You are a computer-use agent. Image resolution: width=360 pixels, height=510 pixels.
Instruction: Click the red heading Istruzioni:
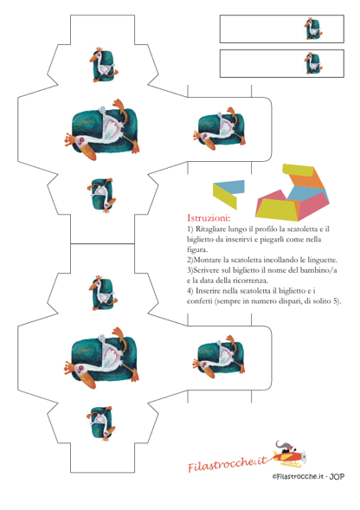(x=209, y=217)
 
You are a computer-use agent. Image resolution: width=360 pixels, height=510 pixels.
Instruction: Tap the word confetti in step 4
(x=199, y=300)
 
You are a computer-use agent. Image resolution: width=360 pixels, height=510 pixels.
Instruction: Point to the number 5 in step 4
(x=336, y=300)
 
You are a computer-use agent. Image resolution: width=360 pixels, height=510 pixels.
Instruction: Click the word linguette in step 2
(x=321, y=260)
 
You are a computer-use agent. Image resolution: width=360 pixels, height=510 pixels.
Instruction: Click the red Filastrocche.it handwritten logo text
(x=227, y=463)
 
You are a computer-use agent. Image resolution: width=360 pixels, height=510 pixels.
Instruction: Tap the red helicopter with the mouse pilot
(x=289, y=454)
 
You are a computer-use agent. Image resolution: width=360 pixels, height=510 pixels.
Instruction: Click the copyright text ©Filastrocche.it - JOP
(x=308, y=476)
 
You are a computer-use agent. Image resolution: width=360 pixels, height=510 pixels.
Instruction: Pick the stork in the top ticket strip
(x=313, y=29)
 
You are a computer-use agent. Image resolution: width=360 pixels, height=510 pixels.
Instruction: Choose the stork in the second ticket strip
(x=313, y=63)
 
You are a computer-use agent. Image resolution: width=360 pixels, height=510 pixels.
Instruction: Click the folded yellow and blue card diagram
(x=228, y=194)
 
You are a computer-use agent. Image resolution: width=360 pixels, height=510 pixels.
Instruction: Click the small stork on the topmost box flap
(x=104, y=65)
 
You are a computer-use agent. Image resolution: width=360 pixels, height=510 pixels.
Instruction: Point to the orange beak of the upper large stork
(x=87, y=152)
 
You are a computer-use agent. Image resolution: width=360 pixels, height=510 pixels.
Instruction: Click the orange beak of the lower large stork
(x=87, y=380)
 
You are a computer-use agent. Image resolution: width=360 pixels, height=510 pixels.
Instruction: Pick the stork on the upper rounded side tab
(x=220, y=128)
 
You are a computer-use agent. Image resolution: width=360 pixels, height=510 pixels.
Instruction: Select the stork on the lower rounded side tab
(x=220, y=357)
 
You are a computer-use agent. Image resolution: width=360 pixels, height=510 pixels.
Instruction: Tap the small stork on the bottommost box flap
(x=100, y=423)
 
